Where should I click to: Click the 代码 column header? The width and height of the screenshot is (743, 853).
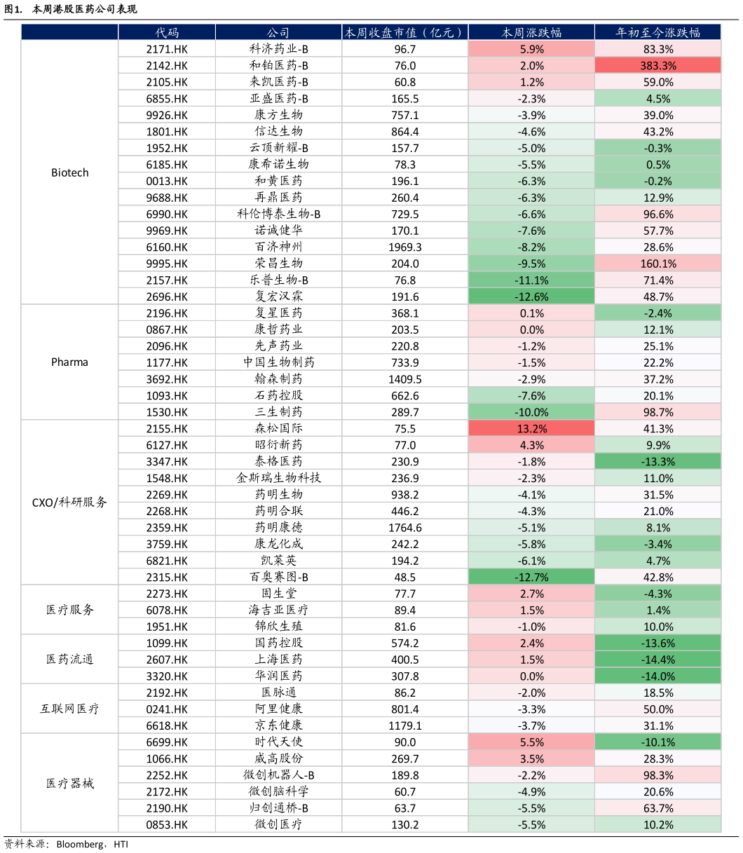167,32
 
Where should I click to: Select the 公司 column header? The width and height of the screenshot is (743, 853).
278,32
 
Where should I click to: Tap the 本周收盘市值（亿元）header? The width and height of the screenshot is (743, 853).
404,32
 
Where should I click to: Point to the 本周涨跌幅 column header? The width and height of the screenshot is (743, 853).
531,32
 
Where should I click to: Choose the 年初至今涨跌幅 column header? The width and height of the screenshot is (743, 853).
657,32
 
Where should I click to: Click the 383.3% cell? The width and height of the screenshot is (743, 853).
657,65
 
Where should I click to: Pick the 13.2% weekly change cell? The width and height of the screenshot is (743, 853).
531,428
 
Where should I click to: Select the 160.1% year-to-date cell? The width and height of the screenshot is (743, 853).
657,264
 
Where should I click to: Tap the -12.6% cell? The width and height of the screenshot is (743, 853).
531,296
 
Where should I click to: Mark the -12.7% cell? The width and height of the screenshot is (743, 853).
531,577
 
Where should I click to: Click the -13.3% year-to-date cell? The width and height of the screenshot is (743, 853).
657,461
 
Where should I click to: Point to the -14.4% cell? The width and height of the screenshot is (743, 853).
657,660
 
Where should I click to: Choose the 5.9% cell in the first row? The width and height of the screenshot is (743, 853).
531,49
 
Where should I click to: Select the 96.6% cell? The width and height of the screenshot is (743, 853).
657,214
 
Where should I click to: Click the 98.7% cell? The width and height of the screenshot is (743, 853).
657,412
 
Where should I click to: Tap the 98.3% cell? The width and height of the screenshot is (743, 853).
657,775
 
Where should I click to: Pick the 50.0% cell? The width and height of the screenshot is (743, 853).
657,709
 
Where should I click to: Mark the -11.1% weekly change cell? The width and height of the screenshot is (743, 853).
531,280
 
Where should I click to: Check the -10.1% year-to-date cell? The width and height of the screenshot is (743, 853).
657,742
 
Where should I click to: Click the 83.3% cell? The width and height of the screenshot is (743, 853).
657,49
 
